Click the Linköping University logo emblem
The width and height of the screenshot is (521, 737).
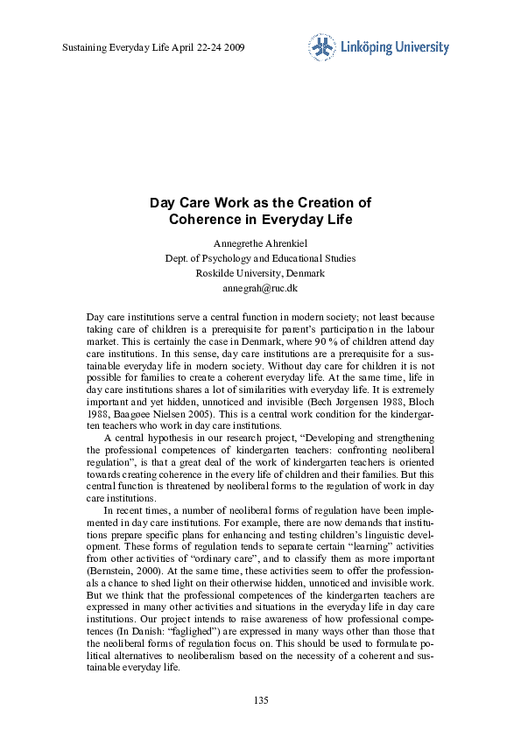(320, 47)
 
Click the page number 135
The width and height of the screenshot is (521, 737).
(260, 699)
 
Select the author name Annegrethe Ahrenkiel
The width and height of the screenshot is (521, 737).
(260, 242)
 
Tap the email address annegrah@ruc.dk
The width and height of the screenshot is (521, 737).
(260, 287)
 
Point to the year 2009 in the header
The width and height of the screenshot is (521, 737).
(233, 47)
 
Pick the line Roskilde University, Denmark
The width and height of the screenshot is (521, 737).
(260, 272)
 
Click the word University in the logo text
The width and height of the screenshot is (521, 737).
(422, 47)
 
